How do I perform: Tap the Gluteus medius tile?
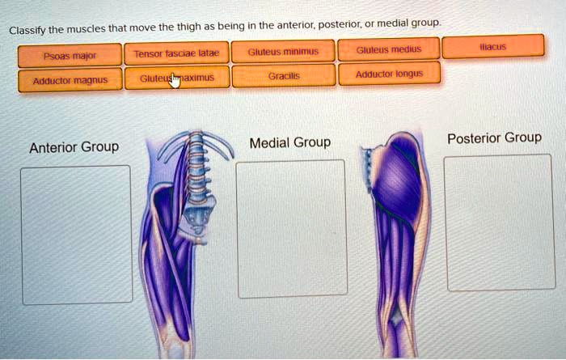coord(388,49)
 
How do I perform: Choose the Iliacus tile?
coord(492,47)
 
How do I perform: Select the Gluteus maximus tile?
coord(176,78)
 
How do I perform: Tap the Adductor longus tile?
coord(388,74)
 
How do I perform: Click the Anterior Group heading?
coord(74,147)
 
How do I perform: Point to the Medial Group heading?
coord(290,143)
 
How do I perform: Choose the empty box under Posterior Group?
coord(499,222)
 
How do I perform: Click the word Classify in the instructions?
coord(27,31)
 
